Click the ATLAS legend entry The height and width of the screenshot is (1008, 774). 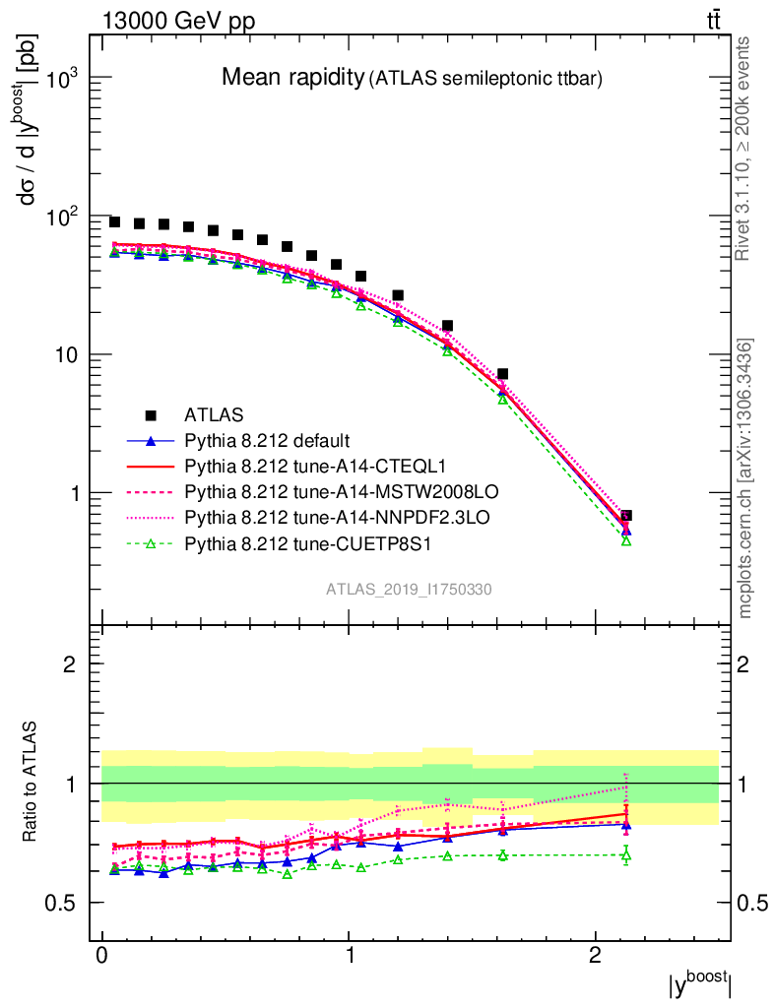pyautogui.click(x=213, y=414)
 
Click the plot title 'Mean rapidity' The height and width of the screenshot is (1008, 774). pyautogui.click(x=292, y=77)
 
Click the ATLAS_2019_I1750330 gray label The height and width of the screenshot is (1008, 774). pyautogui.click(x=410, y=590)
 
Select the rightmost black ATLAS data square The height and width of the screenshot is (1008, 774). pyautogui.click(x=626, y=515)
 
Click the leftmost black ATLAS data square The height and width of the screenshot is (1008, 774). pyautogui.click(x=114, y=222)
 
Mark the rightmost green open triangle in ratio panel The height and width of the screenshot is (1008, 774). pyautogui.click(x=625, y=855)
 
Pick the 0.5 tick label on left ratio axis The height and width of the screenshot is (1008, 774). pyautogui.click(x=66, y=904)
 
